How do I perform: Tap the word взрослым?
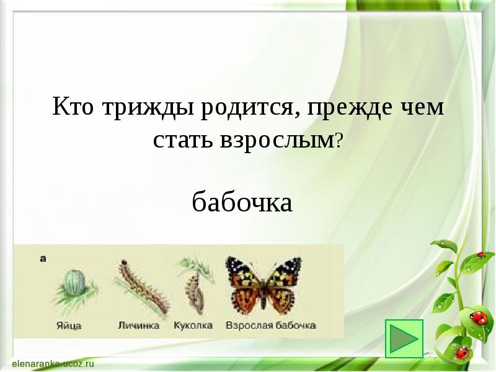pos(275,140)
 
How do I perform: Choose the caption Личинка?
pos(138,325)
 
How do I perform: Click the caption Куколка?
pos(193,325)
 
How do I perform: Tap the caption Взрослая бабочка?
pos(271,325)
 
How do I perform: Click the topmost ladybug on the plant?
pos(481,255)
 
